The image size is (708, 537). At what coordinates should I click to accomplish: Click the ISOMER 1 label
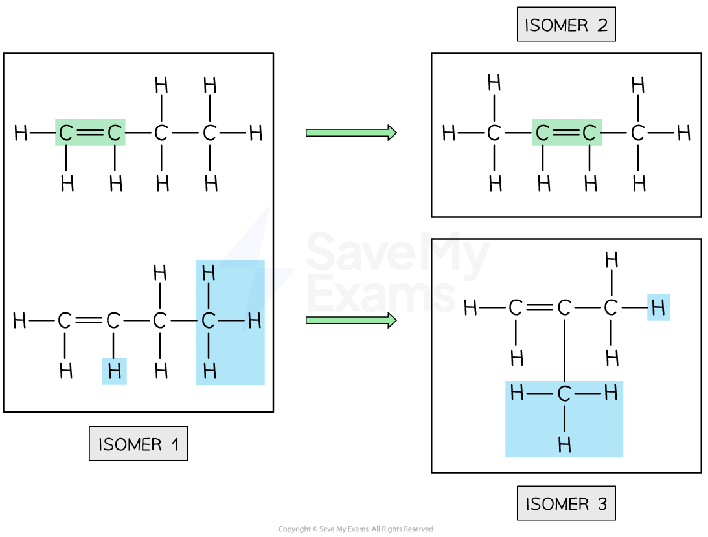click(x=138, y=444)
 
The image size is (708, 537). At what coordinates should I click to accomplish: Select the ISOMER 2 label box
click(x=565, y=25)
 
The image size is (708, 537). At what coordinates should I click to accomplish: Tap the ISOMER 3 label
click(x=565, y=503)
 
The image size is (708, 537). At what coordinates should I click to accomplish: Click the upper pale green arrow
click(x=350, y=133)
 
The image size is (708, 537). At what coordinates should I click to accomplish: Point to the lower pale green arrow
click(x=350, y=320)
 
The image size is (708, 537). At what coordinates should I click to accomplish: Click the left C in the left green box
click(x=66, y=133)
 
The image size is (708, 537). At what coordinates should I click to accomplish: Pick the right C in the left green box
click(x=115, y=133)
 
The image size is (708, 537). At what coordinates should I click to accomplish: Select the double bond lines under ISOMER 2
click(x=565, y=133)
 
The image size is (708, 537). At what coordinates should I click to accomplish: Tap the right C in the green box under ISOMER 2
click(x=589, y=133)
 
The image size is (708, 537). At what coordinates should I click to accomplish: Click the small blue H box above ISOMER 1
click(x=115, y=372)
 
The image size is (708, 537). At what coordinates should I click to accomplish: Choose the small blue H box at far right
click(x=658, y=308)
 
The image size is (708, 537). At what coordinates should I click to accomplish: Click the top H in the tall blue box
click(x=208, y=273)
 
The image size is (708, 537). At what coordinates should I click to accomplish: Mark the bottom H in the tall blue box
click(x=209, y=371)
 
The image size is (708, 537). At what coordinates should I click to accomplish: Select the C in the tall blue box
click(x=208, y=320)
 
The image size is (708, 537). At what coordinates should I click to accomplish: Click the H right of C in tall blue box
click(x=254, y=320)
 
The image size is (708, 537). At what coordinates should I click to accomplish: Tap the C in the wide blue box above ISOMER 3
click(x=564, y=393)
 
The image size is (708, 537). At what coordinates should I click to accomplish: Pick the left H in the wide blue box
click(x=517, y=393)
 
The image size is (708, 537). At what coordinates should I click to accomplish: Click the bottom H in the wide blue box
click(x=564, y=444)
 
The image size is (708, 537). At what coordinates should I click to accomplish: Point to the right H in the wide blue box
click(x=611, y=393)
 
